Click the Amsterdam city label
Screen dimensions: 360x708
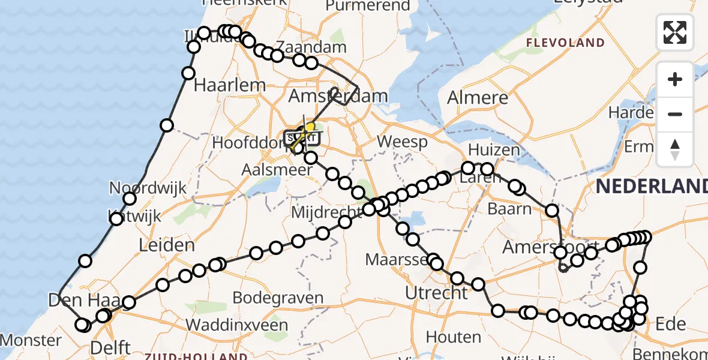[x=338, y=96]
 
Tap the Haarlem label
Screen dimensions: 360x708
[x=230, y=85]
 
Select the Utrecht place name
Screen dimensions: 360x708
[x=436, y=293]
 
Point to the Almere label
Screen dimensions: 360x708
[x=478, y=98]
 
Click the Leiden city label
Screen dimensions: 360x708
[x=167, y=245]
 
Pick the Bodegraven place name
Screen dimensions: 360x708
[x=277, y=298]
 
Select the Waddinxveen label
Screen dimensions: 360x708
[x=238, y=325]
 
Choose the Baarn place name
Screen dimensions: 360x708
[x=510, y=209]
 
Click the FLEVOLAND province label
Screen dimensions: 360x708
[x=565, y=43]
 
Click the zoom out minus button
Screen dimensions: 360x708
[x=675, y=114]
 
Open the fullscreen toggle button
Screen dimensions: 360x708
[x=675, y=32]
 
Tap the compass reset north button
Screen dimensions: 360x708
[x=675, y=149]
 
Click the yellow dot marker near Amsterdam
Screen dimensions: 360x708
[x=310, y=127]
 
